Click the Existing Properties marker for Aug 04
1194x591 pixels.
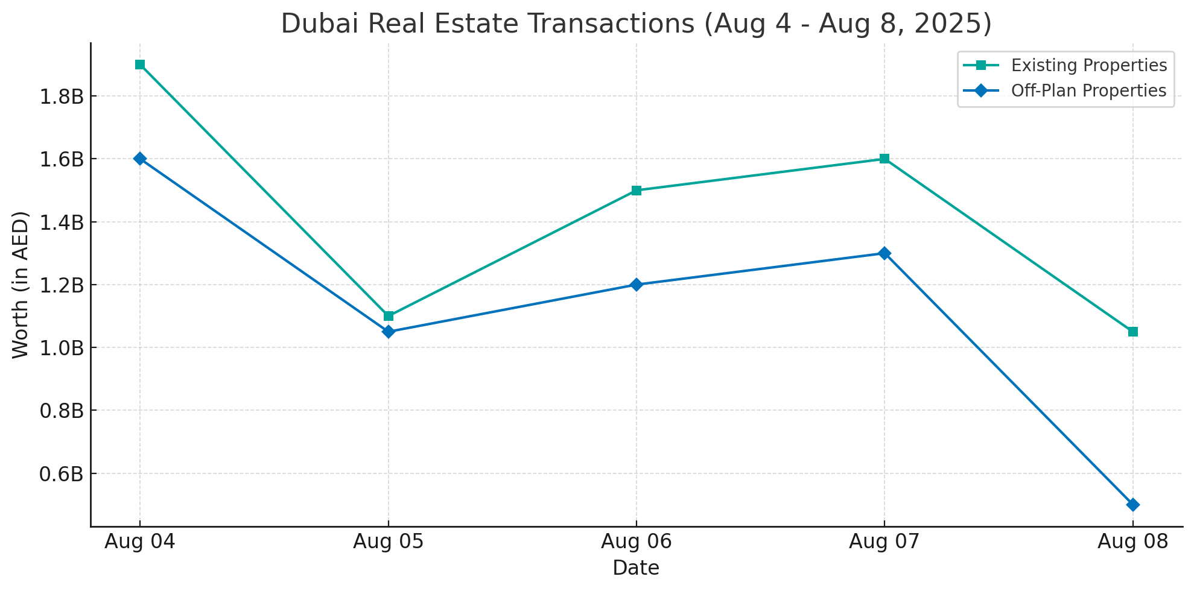[x=140, y=65]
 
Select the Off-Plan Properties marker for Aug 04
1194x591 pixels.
[x=140, y=159]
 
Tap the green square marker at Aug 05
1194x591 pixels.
[x=389, y=316]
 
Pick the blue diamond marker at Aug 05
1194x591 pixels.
[x=389, y=332]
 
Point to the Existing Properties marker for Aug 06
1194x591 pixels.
[x=637, y=191]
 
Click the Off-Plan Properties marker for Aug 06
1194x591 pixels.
[x=637, y=285]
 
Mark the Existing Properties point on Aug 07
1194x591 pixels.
[x=884, y=159]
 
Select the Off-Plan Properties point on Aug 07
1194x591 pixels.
[x=884, y=253]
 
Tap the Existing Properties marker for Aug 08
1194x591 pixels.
[x=1133, y=332]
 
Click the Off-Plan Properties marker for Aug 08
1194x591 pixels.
[x=1133, y=505]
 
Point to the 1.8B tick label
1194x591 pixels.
[x=61, y=96]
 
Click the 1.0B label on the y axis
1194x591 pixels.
[x=61, y=348]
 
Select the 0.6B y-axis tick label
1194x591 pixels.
[x=61, y=474]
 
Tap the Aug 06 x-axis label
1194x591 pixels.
[x=637, y=542]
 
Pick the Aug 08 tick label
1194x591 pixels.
[x=1133, y=542]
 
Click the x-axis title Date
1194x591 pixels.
[x=636, y=567]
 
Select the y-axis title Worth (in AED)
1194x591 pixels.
[x=21, y=285]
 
